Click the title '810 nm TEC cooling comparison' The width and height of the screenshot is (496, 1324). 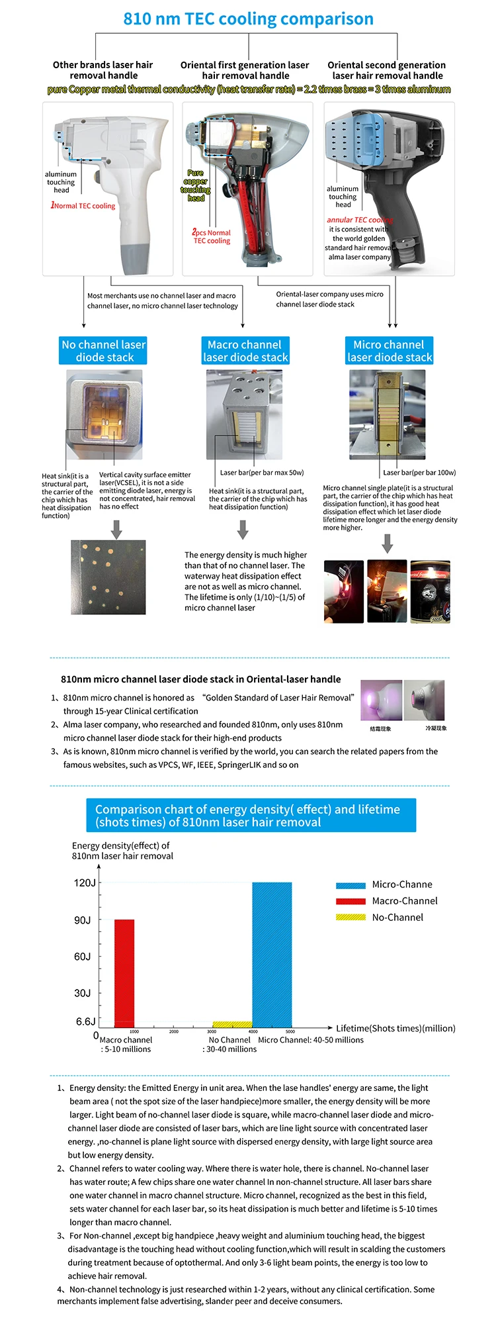click(x=248, y=19)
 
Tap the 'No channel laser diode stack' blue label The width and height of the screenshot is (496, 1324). click(x=103, y=351)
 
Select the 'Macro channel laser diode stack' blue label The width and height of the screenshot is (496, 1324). click(x=245, y=351)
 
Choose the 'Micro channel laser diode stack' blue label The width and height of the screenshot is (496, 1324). click(x=390, y=351)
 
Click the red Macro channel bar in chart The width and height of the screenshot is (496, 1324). click(x=124, y=973)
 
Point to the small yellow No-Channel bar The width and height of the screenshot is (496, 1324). click(x=231, y=1024)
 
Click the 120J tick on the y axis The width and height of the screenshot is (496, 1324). click(x=85, y=883)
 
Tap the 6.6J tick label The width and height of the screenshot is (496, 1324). click(x=86, y=1021)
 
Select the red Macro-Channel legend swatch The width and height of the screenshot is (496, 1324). click(x=351, y=901)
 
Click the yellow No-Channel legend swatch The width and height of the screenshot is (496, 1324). click(x=351, y=918)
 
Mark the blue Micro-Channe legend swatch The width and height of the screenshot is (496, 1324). click(x=351, y=885)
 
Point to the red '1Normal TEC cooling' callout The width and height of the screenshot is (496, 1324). click(x=83, y=206)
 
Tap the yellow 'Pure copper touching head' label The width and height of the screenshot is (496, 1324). click(x=196, y=185)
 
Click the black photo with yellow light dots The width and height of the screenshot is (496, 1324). click(x=108, y=577)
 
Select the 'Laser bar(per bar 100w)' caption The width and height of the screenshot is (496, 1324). click(x=419, y=473)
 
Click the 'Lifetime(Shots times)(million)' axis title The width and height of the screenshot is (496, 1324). click(x=395, y=1028)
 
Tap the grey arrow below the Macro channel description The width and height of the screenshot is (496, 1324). click(x=243, y=530)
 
